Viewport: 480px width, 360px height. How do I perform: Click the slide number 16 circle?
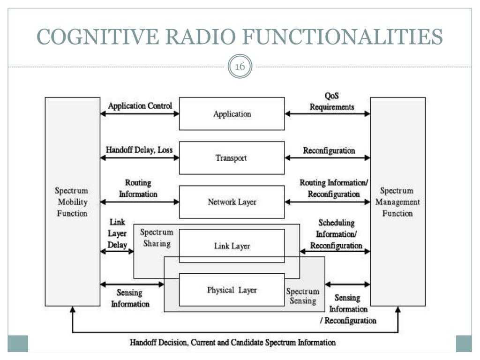[240, 67]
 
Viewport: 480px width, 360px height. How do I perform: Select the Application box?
[232, 113]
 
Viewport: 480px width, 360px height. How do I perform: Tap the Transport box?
[232, 157]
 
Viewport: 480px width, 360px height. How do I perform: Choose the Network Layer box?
[232, 202]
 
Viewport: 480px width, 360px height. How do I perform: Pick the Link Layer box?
[232, 246]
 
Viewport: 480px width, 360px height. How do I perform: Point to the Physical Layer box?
[232, 290]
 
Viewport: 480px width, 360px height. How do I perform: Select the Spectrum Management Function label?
[397, 202]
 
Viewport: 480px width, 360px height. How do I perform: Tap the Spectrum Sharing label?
[157, 238]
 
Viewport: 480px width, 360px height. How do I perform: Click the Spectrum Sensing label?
[302, 296]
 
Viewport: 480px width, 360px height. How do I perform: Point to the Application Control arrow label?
[140, 106]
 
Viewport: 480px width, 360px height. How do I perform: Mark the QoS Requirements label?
[332, 101]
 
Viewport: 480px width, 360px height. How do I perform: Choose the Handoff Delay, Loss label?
[139, 150]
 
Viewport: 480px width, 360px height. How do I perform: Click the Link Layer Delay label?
[117, 233]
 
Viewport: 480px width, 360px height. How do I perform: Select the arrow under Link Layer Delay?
[117, 252]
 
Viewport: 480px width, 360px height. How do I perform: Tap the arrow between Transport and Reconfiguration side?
[327, 158]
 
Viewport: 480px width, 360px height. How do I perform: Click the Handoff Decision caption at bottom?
[232, 342]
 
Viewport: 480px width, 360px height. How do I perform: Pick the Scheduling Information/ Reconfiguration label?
[336, 234]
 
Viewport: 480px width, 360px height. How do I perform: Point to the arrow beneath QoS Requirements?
[327, 114]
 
